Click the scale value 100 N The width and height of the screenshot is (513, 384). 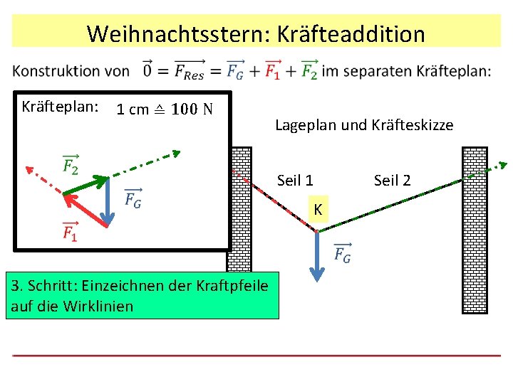coord(197,110)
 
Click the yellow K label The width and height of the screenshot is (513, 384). coord(319,209)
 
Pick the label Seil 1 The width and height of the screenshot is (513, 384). coord(295,181)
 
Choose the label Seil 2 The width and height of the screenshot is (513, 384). coord(393,181)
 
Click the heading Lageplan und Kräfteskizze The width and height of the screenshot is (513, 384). coord(363,125)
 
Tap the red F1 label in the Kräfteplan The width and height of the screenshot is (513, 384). coord(70,231)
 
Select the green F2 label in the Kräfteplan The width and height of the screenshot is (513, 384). coord(70,165)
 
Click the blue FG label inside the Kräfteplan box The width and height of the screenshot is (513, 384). coord(133,198)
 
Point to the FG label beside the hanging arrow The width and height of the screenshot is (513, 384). coord(342,253)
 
